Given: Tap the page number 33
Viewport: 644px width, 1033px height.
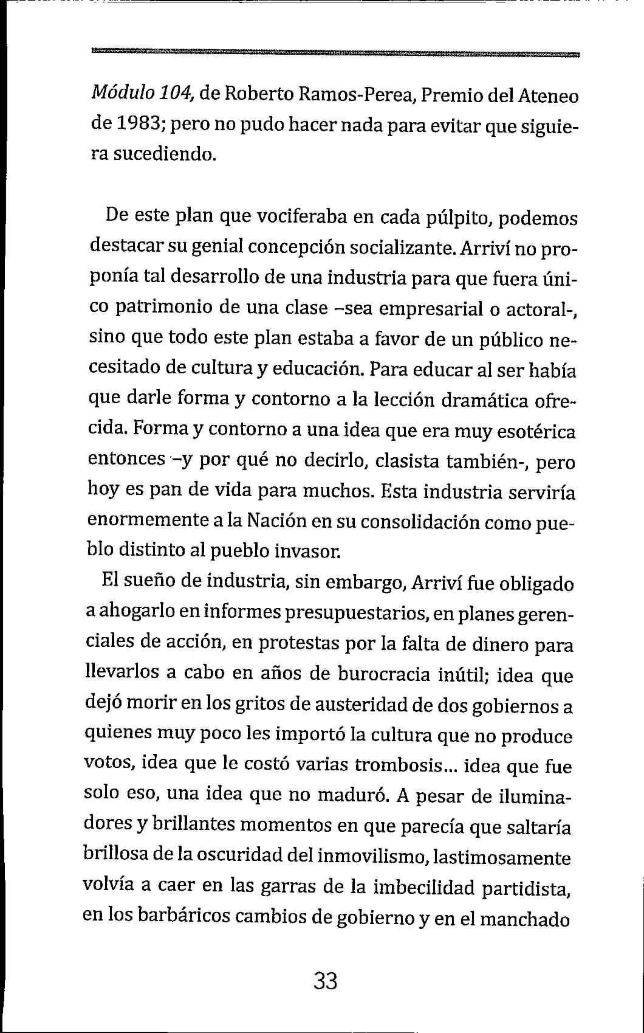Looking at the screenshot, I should point(326,981).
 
